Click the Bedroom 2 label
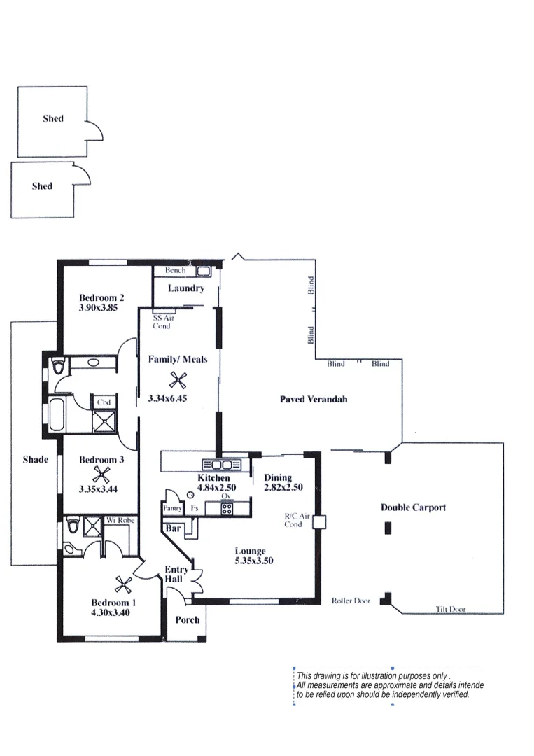[101, 298]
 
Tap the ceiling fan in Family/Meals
[178, 380]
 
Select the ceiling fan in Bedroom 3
[103, 475]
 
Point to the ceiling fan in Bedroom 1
[123, 584]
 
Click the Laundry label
[186, 288]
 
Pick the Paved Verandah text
[314, 399]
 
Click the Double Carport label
[413, 507]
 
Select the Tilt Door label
[451, 610]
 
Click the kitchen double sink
[222, 464]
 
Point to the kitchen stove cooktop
[226, 509]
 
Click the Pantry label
[172, 509]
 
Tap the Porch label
[187, 619]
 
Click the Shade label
[36, 459]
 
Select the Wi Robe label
[120, 521]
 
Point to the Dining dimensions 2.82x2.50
[283, 487]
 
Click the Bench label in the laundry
[175, 270]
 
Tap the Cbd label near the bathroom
[104, 402]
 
